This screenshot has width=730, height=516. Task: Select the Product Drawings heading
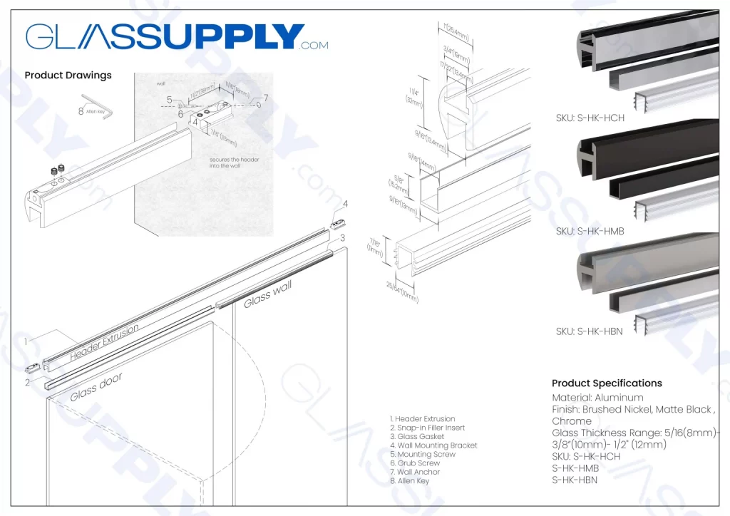[68, 75]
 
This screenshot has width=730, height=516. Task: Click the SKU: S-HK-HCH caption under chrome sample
[590, 118]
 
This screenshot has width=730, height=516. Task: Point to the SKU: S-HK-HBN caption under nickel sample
[589, 331]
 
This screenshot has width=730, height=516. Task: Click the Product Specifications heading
[607, 383]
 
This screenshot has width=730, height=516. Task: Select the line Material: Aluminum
[597, 398]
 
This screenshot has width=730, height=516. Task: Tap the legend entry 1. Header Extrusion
[422, 419]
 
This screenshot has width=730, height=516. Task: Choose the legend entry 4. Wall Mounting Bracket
[433, 445]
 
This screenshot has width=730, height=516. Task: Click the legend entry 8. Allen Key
[409, 481]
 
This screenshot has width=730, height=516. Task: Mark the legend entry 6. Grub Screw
[414, 463]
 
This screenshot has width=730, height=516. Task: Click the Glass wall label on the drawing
[268, 294]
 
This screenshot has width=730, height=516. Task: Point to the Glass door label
[96, 388]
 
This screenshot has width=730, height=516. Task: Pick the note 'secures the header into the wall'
[235, 163]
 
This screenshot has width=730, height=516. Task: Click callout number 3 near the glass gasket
[343, 238]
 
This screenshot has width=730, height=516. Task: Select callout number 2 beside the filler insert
[27, 382]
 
